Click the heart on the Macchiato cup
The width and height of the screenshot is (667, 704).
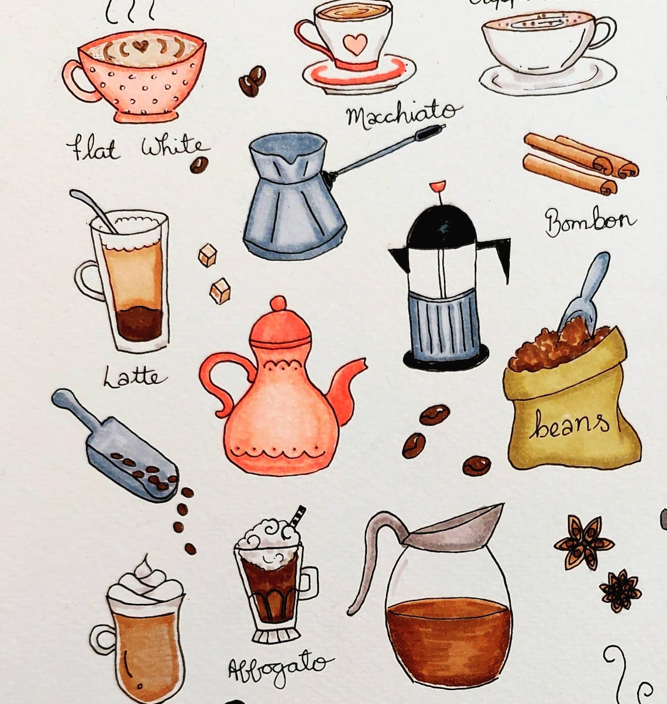(355, 42)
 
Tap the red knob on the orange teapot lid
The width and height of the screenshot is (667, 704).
(279, 304)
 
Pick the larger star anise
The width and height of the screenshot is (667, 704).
(583, 542)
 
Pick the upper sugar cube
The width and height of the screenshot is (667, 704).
(207, 255)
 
